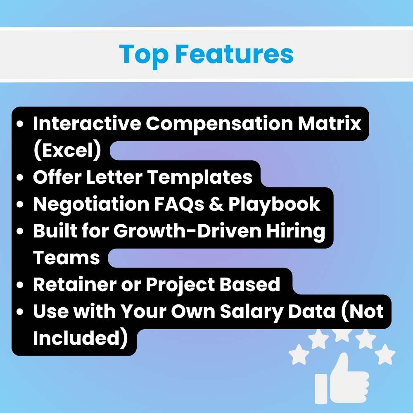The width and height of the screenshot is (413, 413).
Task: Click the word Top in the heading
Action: click(142, 54)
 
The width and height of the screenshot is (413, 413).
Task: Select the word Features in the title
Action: click(234, 54)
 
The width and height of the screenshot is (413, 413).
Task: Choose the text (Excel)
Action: click(67, 151)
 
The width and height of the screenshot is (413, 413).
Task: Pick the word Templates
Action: click(200, 177)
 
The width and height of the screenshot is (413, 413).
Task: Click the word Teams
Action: click(66, 258)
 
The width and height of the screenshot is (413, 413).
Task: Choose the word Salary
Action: click(254, 312)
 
